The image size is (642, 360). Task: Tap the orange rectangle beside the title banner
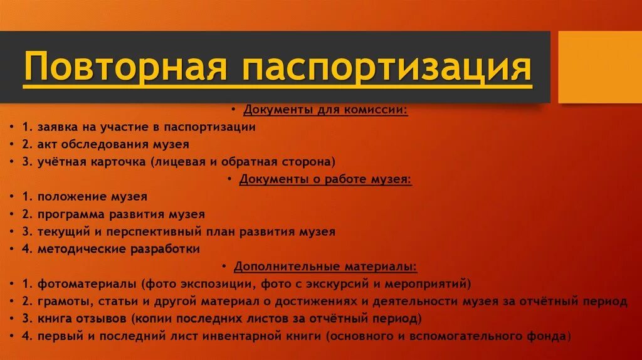coord(599,66)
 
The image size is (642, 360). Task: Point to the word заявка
coord(56,127)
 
